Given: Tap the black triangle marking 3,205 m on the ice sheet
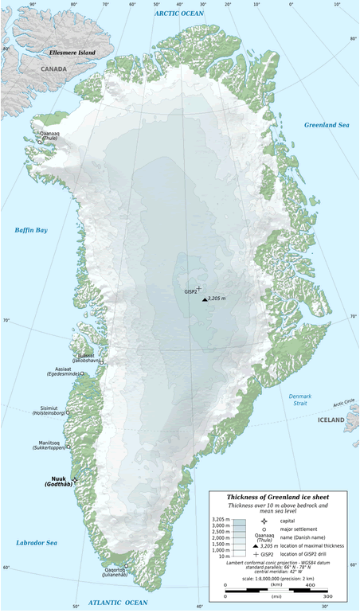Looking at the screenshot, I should click(x=204, y=299).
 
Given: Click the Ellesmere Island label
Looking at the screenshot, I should click(x=72, y=53).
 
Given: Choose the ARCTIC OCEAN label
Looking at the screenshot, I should click(x=179, y=13).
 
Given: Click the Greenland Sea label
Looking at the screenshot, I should click(x=327, y=125).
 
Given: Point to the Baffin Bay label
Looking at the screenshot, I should click(x=31, y=230).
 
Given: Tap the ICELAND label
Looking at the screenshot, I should click(x=331, y=420).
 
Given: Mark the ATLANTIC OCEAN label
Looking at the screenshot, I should click(x=118, y=603).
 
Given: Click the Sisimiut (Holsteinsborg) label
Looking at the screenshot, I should click(x=47, y=411).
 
